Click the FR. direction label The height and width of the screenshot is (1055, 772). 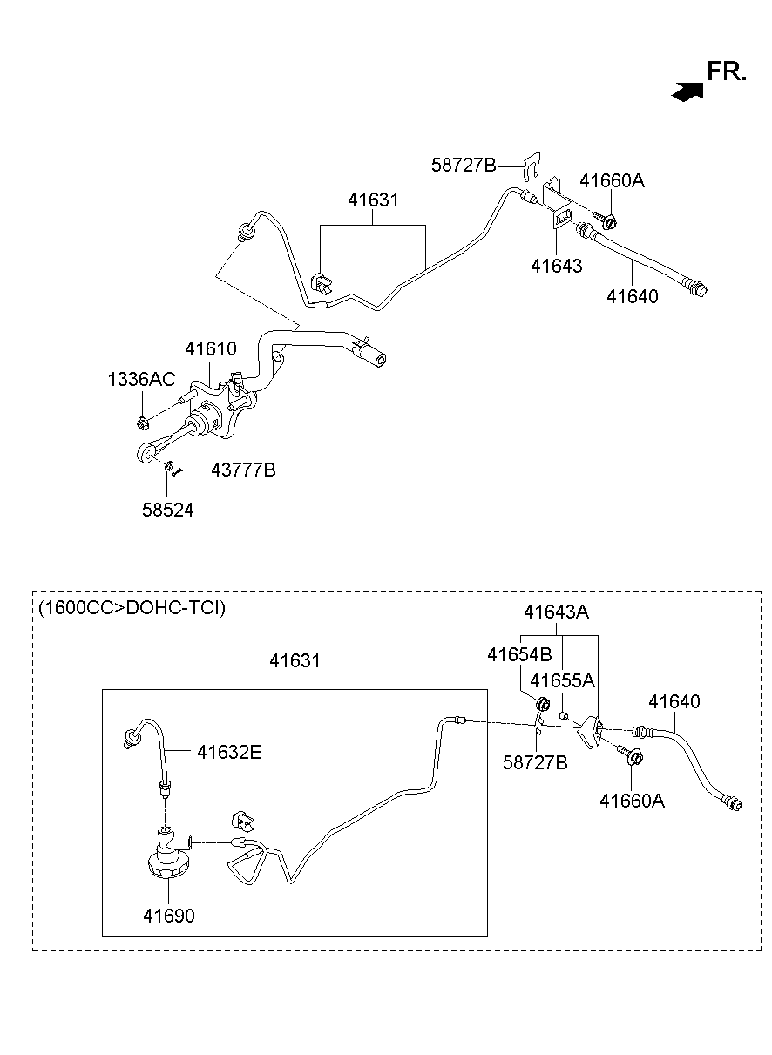727,71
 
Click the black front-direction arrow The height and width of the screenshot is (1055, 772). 687,91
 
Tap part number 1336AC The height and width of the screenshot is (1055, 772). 141,379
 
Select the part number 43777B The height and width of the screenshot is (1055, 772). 243,470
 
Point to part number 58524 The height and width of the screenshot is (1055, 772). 167,510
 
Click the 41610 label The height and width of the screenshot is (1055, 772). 211,349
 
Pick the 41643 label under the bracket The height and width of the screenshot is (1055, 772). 556,266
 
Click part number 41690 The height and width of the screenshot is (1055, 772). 169,916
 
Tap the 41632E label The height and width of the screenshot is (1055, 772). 229,752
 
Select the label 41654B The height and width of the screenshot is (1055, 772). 519,654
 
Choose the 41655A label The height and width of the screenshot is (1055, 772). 562,680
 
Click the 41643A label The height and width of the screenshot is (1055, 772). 556,612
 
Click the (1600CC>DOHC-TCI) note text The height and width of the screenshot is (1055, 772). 132,608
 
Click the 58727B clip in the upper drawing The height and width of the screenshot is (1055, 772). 532,166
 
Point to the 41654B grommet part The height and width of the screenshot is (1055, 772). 543,704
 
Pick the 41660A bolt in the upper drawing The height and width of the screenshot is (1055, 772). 605,220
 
